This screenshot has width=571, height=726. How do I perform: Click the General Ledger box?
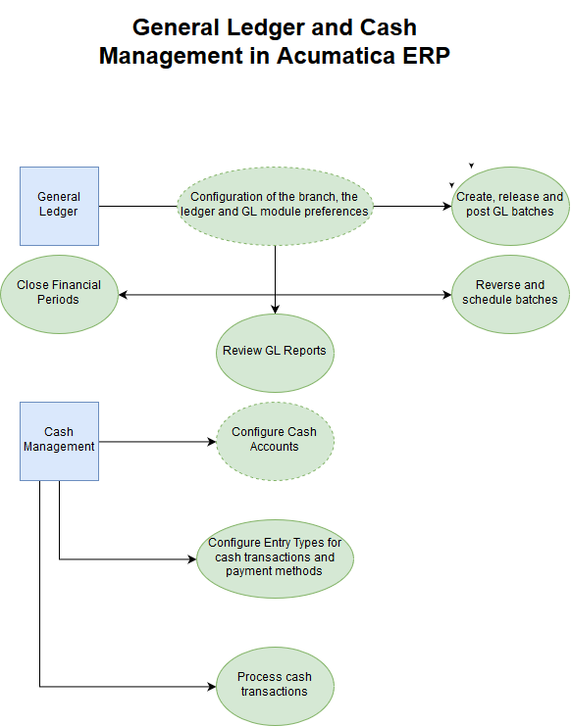pyautogui.click(x=59, y=206)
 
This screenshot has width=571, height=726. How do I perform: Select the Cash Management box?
pyautogui.click(x=59, y=441)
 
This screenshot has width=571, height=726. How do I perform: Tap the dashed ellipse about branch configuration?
pyautogui.click(x=276, y=206)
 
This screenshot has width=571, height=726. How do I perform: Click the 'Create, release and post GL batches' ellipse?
pyautogui.click(x=510, y=206)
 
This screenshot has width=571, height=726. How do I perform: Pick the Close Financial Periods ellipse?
pyautogui.click(x=59, y=295)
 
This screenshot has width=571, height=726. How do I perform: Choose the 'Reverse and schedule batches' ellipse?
pyautogui.click(x=510, y=295)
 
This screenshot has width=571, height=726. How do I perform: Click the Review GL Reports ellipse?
pyautogui.click(x=276, y=354)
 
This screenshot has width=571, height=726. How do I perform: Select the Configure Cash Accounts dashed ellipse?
pyautogui.click(x=276, y=441)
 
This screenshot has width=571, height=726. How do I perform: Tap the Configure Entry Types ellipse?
pyautogui.click(x=276, y=558)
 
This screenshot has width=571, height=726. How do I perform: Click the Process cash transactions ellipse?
pyautogui.click(x=276, y=686)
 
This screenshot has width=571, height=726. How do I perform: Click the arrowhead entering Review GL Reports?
pyautogui.click(x=276, y=310)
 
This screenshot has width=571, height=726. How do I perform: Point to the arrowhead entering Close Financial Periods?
pyautogui.click(x=124, y=295)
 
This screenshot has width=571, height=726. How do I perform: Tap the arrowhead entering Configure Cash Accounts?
pyautogui.click(x=212, y=442)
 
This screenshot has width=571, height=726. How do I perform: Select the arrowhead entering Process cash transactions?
pyautogui.click(x=212, y=686)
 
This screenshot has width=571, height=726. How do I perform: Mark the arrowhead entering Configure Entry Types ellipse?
pyautogui.click(x=192, y=559)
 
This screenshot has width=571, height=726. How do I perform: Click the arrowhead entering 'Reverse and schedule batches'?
pyautogui.click(x=446, y=295)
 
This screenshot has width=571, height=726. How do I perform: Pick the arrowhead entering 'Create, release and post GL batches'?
pyautogui.click(x=446, y=206)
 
